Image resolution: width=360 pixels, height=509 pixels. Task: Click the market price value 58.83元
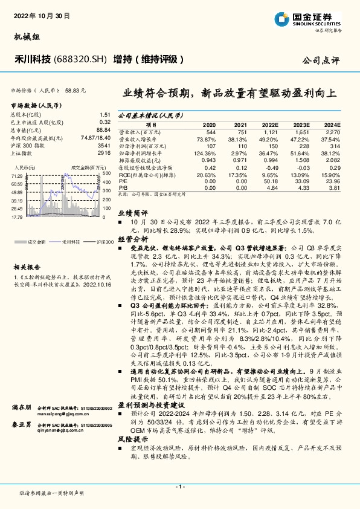(x=75, y=89)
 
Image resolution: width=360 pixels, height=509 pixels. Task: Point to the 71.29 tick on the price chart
(x=17, y=175)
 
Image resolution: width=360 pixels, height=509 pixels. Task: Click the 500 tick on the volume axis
(x=106, y=173)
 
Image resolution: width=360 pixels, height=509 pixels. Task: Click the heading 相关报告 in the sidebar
(x=27, y=267)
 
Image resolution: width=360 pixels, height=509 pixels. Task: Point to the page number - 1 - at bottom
(x=180, y=487)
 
